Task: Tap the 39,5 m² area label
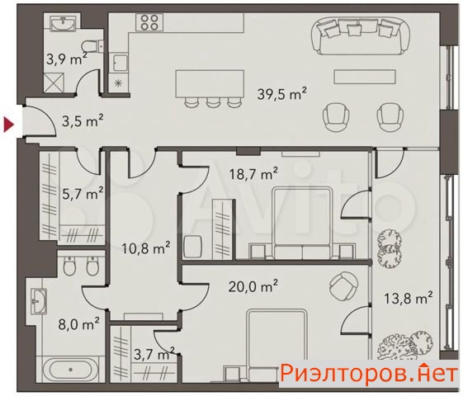[282, 94]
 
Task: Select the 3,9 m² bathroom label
[67, 59]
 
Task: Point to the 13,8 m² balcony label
[408, 298]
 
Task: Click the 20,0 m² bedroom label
[253, 286]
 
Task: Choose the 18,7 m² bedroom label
[253, 173]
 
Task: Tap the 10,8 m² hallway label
[146, 248]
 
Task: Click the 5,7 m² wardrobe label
[83, 193]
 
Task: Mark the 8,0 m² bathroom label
[78, 324]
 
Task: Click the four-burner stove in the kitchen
[149, 22]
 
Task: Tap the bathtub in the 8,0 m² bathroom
[70, 370]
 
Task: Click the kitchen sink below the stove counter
[121, 63]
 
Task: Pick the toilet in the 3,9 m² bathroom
[92, 46]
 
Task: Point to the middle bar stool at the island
[213, 101]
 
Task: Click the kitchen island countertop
[210, 83]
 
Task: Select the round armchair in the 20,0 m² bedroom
[343, 286]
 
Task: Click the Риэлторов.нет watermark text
[369, 373]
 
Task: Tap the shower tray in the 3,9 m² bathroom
[54, 82]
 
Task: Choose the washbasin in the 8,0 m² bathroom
[39, 301]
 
